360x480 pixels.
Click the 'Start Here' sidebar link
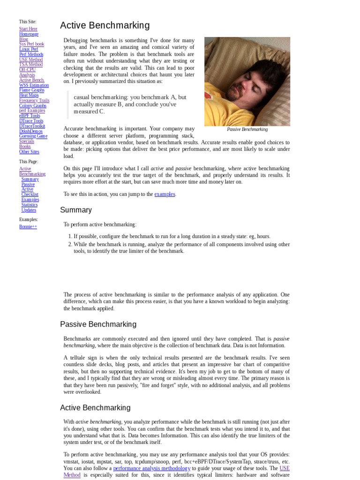(x=28, y=29)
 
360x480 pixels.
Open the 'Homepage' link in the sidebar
(x=29, y=34)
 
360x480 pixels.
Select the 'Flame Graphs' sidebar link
(x=32, y=90)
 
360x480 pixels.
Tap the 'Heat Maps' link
(x=29, y=95)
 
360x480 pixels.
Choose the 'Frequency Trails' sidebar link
(x=34, y=100)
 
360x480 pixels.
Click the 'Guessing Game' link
(x=33, y=136)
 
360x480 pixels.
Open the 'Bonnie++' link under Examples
(x=28, y=226)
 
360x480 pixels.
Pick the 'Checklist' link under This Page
(x=30, y=194)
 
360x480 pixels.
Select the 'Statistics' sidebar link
(x=30, y=204)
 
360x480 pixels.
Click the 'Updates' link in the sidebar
(x=29, y=210)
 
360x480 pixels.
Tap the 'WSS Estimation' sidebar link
(x=34, y=85)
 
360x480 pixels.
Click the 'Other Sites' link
(x=29, y=151)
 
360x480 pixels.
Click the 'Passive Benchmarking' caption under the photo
(x=247, y=129)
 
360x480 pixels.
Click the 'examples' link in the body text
(x=165, y=194)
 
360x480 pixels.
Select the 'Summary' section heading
(x=76, y=210)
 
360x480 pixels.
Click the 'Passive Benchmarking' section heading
(x=98, y=324)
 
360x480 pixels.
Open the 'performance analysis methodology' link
(x=152, y=468)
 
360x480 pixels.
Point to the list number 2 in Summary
(x=69, y=244)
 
